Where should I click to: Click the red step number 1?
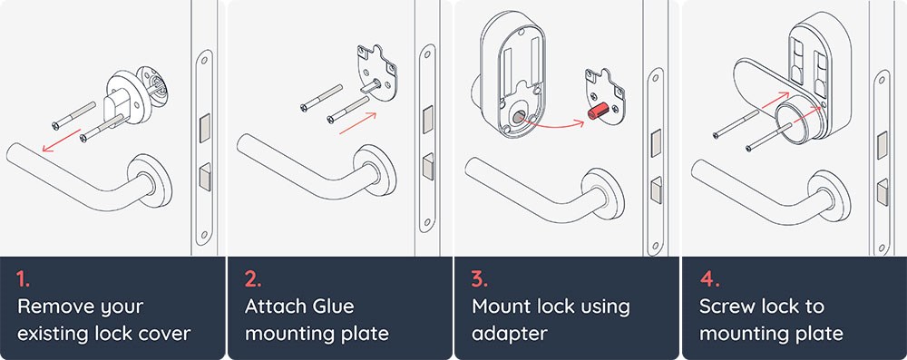point(22,277)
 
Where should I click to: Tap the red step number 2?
point(250,277)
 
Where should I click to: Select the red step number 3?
point(478,277)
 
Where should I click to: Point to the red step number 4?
point(706,277)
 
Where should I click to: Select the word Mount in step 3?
point(502,306)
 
